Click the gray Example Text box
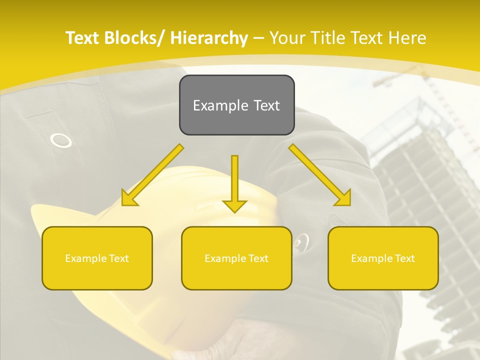coord(236,105)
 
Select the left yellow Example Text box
coord(97,258)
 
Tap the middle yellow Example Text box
coord(236,258)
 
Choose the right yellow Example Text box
coord(383,258)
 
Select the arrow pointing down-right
coord(319,175)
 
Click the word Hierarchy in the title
coord(209,38)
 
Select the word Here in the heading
coord(408,38)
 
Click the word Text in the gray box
coord(266,105)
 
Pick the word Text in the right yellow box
coord(404,258)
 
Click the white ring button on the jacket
coord(60,140)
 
